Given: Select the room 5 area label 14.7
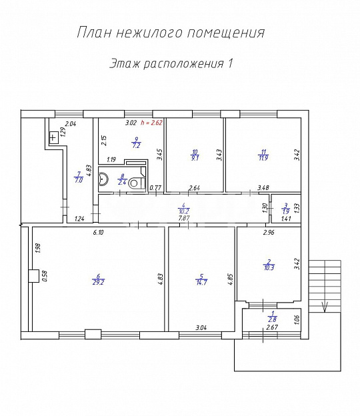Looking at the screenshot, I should click(201, 281).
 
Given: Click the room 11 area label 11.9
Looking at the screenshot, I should click(264, 158).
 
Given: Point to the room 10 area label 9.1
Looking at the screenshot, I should click(194, 158).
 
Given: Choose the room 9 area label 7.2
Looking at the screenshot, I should click(136, 145).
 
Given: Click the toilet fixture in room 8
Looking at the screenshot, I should click(136, 181).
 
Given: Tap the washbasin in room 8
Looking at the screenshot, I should click(103, 179).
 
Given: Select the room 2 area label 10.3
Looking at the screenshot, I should click(269, 267).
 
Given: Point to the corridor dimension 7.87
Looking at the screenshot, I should click(181, 217).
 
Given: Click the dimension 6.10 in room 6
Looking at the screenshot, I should click(97, 232).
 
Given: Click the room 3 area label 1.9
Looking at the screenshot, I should click(285, 211).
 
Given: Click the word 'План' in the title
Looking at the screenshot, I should click(93, 33).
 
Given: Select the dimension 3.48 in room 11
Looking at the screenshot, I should click(264, 189).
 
